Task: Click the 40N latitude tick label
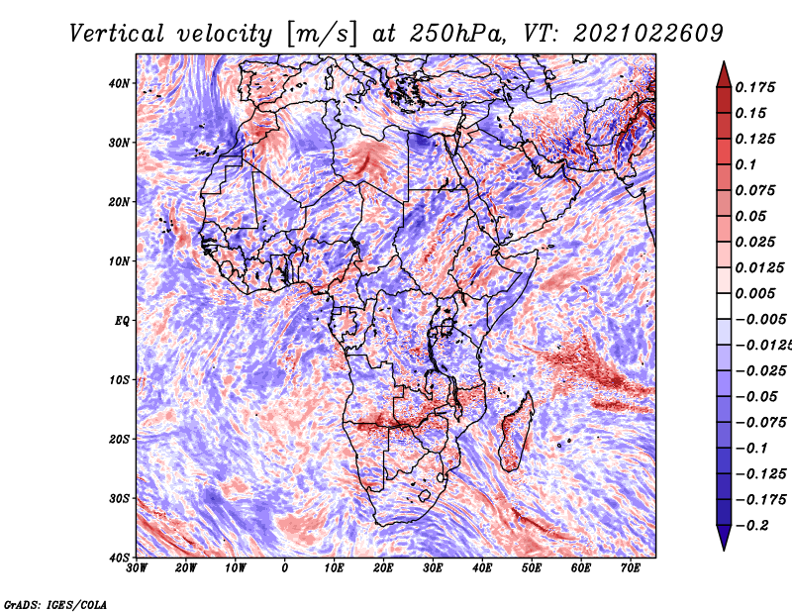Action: (119, 83)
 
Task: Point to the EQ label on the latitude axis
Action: (122, 321)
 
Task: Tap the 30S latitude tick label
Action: (119, 498)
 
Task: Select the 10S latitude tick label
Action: (119, 379)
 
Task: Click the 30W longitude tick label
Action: (137, 568)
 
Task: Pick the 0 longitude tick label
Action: (285, 568)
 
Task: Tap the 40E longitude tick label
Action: (482, 568)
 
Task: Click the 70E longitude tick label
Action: (631, 568)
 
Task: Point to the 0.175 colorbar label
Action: (754, 87)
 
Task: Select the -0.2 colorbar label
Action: (751, 525)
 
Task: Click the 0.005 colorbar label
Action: (754, 293)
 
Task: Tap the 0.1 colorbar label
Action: (745, 164)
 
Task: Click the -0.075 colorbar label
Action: (760, 422)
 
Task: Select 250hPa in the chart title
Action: (457, 34)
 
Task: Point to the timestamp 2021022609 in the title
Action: (648, 34)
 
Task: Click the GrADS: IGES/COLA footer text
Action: (55, 604)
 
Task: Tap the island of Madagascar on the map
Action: (515, 434)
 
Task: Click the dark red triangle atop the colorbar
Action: (724, 74)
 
